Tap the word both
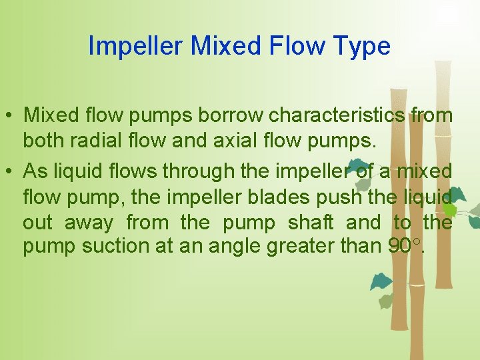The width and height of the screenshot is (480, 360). (45, 142)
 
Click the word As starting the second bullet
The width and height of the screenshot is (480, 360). (34, 171)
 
